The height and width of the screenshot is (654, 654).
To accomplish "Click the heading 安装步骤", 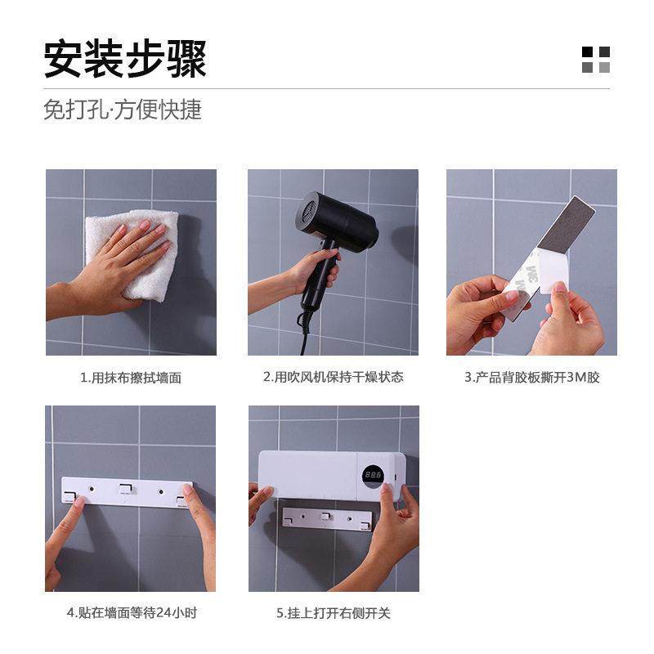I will click(125, 59).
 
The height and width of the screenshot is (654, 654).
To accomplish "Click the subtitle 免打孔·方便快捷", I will click(123, 110).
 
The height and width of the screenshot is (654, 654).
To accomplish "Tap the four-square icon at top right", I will click(596, 60).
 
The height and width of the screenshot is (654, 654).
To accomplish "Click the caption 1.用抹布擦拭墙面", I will click(131, 378).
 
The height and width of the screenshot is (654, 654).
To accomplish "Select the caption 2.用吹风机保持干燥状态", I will click(333, 377).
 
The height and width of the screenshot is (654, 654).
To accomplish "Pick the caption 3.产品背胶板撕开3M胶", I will click(531, 378).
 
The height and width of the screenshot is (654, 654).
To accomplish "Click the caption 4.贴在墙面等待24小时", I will click(130, 612).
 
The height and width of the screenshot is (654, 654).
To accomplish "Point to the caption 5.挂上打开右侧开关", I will click(333, 612).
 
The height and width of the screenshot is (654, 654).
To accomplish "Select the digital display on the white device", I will click(373, 475).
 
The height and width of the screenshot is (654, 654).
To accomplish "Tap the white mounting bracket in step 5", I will click(327, 518).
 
